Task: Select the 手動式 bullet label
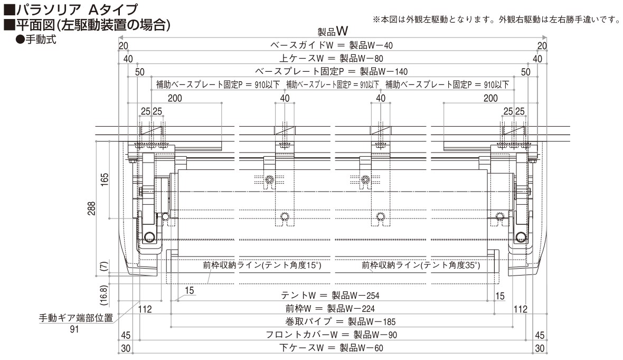click(x=36, y=40)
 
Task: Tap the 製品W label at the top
click(x=333, y=31)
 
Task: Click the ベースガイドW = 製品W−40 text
click(x=332, y=45)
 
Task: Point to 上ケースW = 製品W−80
click(x=332, y=59)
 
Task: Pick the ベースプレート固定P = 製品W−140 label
click(x=332, y=71)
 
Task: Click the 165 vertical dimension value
click(x=104, y=180)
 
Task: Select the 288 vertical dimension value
click(x=92, y=209)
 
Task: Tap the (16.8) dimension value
click(x=103, y=295)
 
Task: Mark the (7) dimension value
click(x=104, y=266)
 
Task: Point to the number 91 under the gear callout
click(x=74, y=329)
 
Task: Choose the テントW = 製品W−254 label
click(x=330, y=296)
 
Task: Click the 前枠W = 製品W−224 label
click(x=330, y=309)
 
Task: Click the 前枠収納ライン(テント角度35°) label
click(x=421, y=265)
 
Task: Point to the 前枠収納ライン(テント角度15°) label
click(x=262, y=265)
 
